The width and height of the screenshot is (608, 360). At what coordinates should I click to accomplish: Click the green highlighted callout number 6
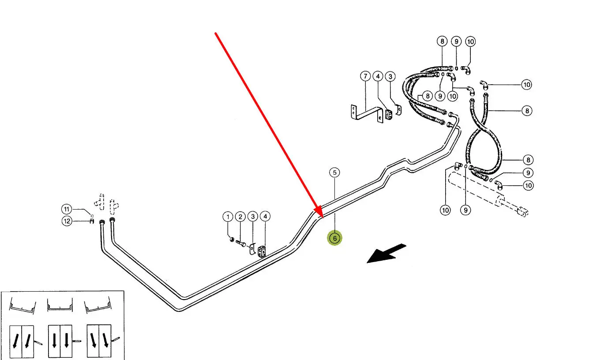coord(335,238)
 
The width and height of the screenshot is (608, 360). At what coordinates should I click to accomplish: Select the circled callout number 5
coord(335,172)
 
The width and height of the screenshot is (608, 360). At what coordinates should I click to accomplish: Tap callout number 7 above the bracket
coord(365,76)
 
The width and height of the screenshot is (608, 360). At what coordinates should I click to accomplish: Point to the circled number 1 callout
coord(228,217)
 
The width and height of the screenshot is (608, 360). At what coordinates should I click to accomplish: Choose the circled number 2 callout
coord(240,217)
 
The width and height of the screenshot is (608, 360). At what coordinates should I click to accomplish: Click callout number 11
coord(66,209)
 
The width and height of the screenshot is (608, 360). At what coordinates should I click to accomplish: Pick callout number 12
coord(66,221)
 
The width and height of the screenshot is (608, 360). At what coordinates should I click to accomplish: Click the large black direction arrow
coord(386,254)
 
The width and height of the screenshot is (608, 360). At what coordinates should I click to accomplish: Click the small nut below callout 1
coord(232,239)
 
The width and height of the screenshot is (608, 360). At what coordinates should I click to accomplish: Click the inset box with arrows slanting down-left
coord(23,341)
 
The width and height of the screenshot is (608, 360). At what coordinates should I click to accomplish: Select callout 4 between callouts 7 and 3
coord(377,76)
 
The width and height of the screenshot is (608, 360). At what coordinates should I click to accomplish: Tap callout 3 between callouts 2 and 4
coord(252,217)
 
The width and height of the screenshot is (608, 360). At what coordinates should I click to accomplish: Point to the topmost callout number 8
coord(442,41)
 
